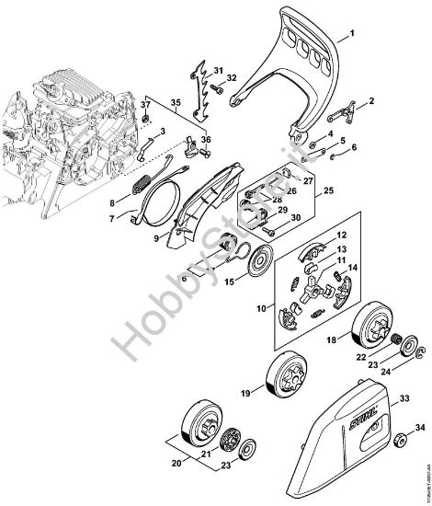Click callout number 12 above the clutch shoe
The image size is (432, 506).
315,236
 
